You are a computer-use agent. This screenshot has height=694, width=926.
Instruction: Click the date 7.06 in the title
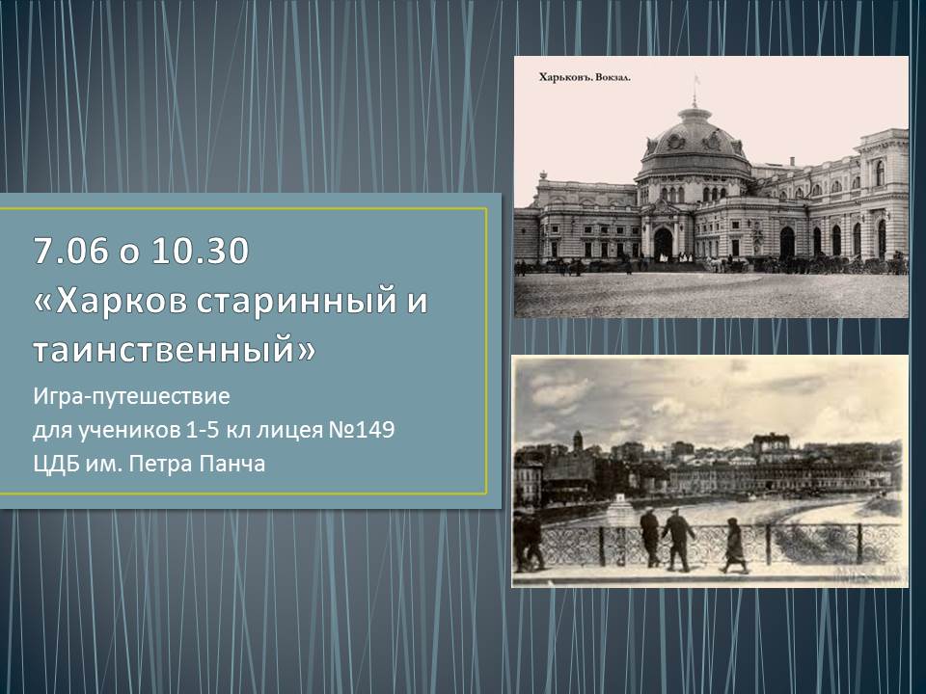coord(70,251)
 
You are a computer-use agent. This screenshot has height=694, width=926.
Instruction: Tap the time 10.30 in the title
coord(200,251)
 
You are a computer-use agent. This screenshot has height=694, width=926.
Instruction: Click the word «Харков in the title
coord(111,301)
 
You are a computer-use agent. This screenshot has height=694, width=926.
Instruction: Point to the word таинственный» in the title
coord(175,349)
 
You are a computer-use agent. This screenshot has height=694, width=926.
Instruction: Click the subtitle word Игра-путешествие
coord(131,396)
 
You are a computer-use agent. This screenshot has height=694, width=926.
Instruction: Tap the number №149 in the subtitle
coord(360,430)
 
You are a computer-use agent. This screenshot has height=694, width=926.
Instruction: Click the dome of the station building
coord(694,139)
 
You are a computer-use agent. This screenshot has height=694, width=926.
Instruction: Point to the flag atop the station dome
coord(696,79)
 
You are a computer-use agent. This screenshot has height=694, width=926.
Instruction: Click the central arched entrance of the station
coord(663,243)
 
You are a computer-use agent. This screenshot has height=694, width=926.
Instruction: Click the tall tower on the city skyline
coord(578,442)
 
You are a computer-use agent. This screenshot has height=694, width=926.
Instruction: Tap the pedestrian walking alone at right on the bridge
coord(734,546)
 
